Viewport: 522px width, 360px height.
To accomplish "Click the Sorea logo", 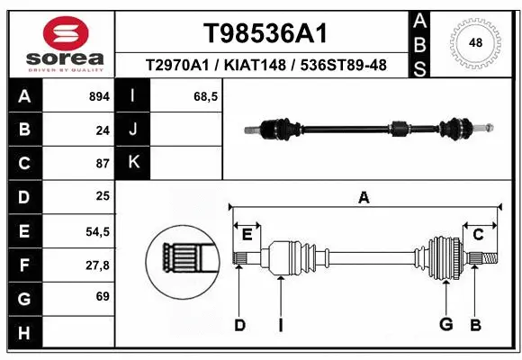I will click(58, 42).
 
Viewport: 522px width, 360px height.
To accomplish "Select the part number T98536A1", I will click(264, 33).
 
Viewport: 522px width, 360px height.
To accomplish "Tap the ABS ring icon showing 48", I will click(476, 42).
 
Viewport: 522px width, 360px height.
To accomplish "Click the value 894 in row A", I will click(98, 96).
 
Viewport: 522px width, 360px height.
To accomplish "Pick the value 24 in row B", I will click(102, 130).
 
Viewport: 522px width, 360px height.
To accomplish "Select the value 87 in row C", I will click(102, 164).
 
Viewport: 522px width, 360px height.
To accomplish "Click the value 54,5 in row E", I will click(97, 231).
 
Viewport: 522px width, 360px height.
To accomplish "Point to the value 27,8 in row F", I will click(97, 265).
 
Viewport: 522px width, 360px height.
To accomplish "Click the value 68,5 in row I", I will click(206, 96).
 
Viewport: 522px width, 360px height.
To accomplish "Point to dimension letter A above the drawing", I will click(364, 198).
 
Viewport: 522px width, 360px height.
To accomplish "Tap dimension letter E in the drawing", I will click(247, 235).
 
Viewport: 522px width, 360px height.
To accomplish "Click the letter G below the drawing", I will click(445, 325).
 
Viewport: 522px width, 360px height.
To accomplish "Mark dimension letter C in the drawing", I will click(478, 235).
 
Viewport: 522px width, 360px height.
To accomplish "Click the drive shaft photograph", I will click(370, 128).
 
